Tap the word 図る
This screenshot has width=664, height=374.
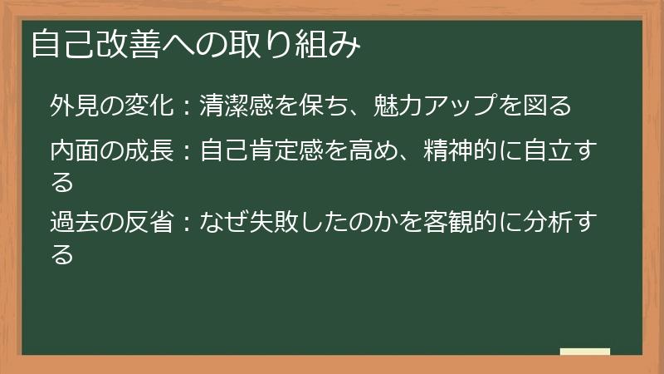pyautogui.click(x=549, y=106)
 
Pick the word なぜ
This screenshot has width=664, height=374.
pyautogui.click(x=222, y=222)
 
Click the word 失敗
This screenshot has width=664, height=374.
pyautogui.click(x=274, y=222)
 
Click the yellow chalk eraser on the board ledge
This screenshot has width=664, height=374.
pyautogui.click(x=584, y=352)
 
